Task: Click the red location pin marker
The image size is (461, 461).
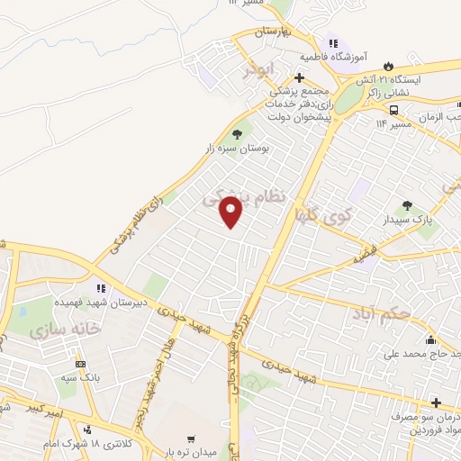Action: (231, 212)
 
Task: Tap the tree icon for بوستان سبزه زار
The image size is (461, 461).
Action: (238, 134)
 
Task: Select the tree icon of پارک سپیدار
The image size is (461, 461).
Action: (407, 206)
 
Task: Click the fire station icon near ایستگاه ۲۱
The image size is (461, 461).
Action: (389, 66)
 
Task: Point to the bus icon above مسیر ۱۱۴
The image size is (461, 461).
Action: (393, 110)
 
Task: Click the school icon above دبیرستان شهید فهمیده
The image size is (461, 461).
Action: (101, 288)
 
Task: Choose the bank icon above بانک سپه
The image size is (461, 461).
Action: (81, 364)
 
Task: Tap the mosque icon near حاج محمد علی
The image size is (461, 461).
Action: (430, 339)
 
